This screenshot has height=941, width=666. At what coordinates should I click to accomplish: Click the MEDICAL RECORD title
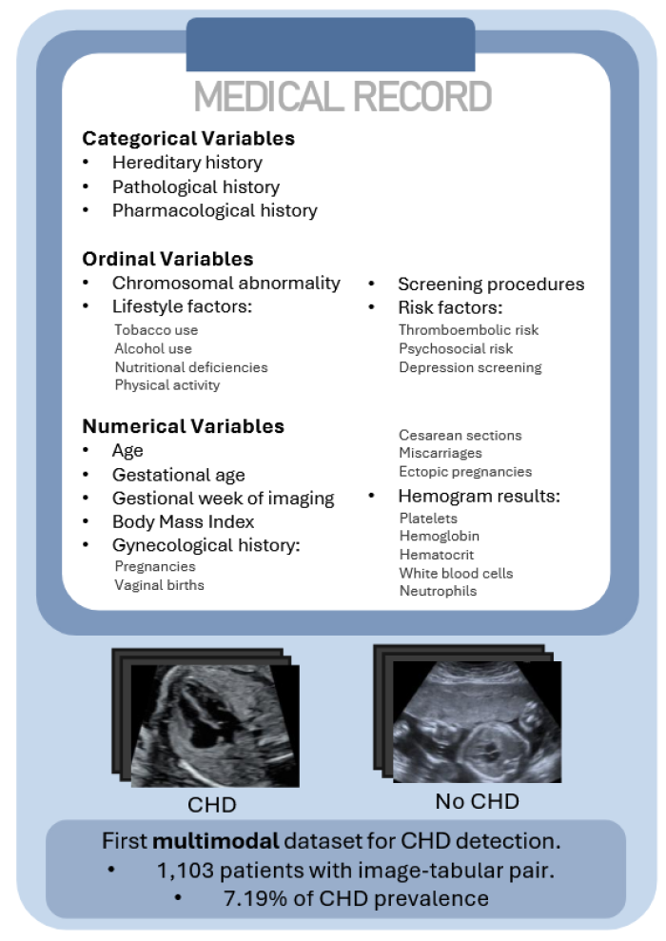pos(343,97)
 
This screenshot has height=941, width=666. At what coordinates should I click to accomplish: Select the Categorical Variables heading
pos(188,138)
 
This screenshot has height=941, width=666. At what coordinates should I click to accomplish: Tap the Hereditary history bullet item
pos(186,163)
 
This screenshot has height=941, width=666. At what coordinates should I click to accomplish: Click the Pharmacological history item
pos(214,210)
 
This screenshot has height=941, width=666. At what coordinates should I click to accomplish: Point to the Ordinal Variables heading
pos(167,259)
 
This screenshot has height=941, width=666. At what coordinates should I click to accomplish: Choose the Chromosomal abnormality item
pos(225,283)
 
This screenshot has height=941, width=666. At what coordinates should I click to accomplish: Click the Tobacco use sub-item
pos(156,330)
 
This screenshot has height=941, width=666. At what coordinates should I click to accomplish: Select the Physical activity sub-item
pos(166,385)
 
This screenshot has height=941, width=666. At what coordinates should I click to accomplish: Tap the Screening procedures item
pos(490,284)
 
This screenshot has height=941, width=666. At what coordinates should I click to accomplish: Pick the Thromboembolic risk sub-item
pos(468,330)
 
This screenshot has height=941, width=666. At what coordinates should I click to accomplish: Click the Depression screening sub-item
pos(470,367)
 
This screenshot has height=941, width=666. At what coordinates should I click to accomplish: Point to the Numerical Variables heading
pos(183,426)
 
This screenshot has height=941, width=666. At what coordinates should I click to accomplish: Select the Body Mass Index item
pos(183,521)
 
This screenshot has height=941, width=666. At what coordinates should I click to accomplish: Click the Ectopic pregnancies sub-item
pos(465,472)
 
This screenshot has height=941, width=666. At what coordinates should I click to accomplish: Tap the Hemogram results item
pos(478,497)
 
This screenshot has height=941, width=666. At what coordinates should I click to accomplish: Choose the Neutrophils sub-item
pos(438,591)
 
